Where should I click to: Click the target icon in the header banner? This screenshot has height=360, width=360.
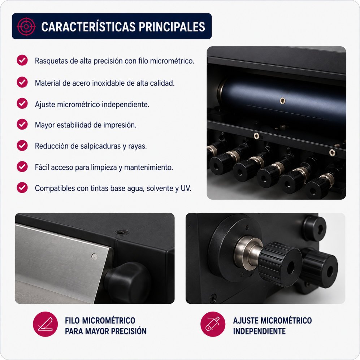[x=26, y=26]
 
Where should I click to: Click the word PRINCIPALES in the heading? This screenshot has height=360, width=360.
[x=172, y=27]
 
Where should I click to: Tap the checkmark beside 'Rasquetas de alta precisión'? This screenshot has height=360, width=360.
[x=22, y=60]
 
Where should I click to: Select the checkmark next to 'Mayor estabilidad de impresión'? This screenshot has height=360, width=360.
[x=22, y=124]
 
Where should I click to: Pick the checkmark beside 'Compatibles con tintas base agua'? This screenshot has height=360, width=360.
[x=22, y=187]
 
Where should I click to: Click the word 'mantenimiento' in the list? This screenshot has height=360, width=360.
[x=148, y=168]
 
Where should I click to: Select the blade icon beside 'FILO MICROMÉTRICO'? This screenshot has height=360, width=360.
[x=45, y=324]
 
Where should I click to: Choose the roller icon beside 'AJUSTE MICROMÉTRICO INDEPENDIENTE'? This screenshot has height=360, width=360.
[x=213, y=324]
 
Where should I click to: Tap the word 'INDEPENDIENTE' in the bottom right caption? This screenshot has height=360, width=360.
[x=260, y=331]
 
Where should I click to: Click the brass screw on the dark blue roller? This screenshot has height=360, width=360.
[x=283, y=100]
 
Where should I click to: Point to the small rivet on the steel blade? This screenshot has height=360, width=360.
[x=94, y=256]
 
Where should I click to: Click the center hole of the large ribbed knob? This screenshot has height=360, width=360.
[x=290, y=268]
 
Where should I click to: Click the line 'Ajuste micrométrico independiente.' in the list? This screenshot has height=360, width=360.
[x=92, y=104]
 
